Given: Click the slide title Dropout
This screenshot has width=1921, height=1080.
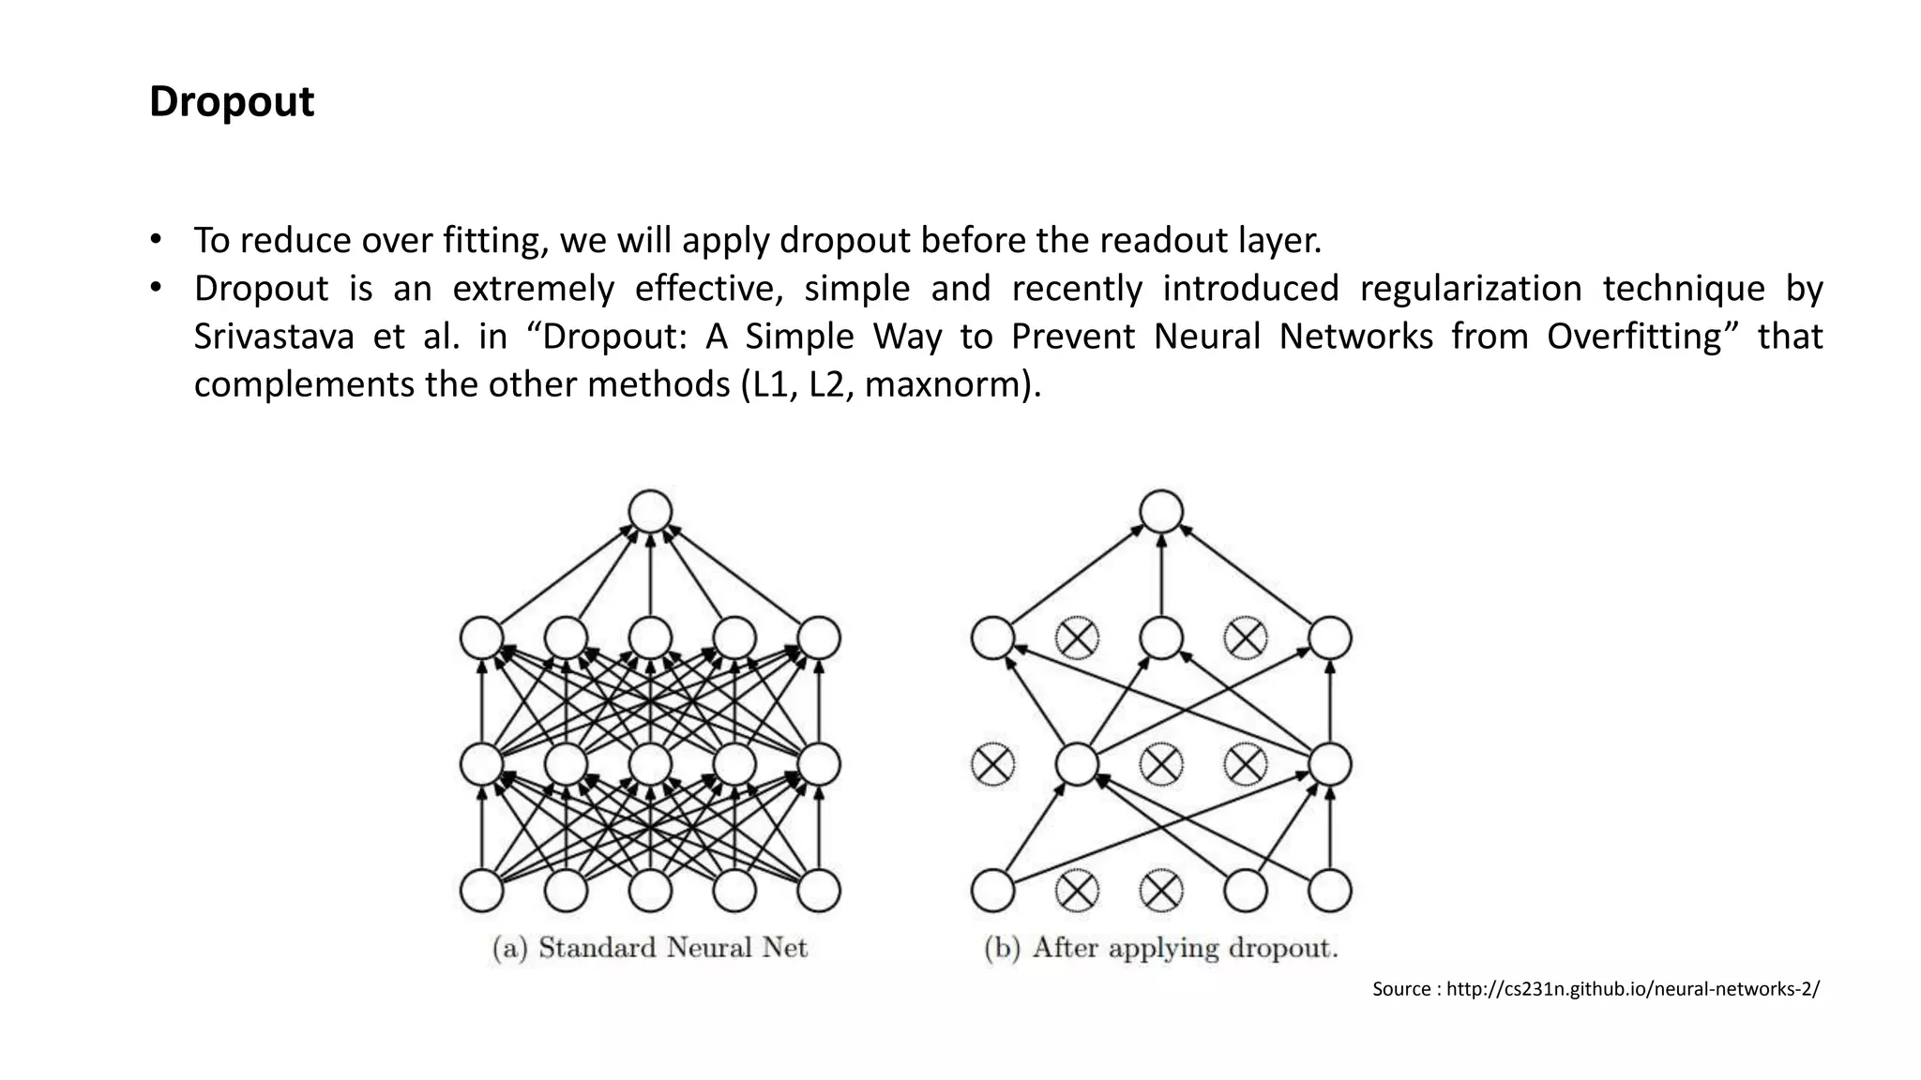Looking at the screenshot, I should coord(231,101).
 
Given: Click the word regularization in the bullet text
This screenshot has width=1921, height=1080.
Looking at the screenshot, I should coord(1470,288).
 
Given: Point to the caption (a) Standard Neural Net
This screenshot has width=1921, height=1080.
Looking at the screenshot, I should coord(650,948).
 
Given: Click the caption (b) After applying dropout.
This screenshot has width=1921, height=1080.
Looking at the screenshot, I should coord(1161,948).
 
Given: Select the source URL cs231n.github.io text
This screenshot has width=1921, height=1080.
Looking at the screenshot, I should coord(1632,989).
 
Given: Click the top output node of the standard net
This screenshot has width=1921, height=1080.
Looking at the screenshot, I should coord(650,512).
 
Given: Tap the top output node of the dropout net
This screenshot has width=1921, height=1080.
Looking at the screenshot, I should coord(1161,512).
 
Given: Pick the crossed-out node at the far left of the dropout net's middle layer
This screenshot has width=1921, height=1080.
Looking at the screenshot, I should coord(992,764).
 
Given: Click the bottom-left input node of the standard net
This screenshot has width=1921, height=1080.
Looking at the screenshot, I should coord(482,891).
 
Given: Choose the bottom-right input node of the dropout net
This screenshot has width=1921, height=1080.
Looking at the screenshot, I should coord(1329,891).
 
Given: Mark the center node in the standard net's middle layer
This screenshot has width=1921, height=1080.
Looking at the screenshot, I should coord(650,764).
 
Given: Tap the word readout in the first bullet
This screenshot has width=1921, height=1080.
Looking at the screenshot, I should coord(1163,241).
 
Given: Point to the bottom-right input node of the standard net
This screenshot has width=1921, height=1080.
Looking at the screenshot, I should coord(818,891).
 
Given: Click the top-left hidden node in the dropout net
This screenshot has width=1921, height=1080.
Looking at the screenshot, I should coord(992,638).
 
